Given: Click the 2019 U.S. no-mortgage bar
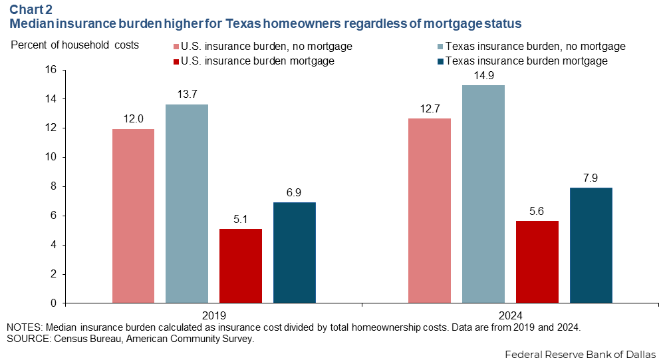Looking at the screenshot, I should point(133,216).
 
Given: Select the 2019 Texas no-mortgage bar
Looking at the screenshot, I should point(187,204).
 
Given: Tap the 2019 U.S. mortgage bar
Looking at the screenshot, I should point(241,266).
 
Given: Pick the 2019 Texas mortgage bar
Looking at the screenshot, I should point(295,253).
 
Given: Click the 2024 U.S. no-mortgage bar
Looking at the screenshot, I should point(430,211).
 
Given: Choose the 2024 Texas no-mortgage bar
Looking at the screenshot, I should point(483,194).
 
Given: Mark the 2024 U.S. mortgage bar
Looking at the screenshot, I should point(537,262).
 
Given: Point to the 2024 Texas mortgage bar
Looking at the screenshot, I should point(591,246).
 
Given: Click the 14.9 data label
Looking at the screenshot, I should point(483,75).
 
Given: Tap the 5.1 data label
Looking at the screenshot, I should point(241,218).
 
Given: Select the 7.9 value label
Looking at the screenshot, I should point(591,177).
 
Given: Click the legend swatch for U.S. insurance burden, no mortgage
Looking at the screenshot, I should point(176,47).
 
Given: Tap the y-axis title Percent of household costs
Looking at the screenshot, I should point(74,45).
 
